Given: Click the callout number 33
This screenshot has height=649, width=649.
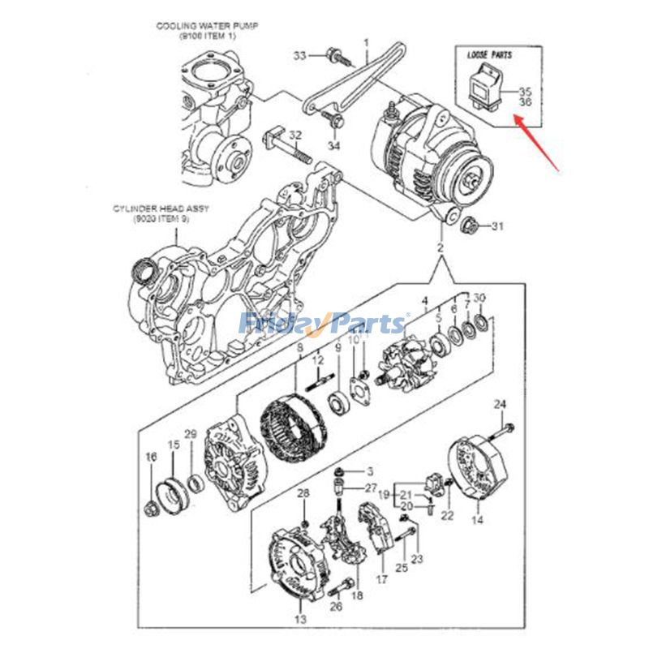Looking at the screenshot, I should point(299,56).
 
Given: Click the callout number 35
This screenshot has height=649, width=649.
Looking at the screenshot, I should point(525,92).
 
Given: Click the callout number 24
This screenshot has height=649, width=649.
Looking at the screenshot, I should point(500,404).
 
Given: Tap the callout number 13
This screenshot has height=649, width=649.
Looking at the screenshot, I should point(299,620).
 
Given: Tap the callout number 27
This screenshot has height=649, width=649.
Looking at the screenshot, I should point(371,488).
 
